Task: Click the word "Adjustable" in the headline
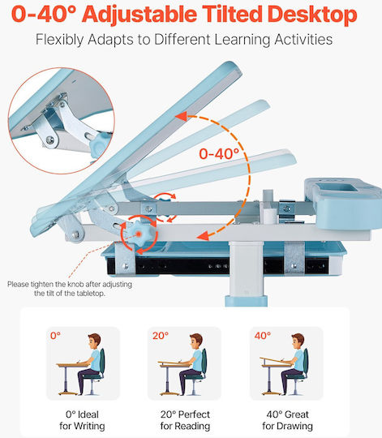pyautogui.click(x=139, y=15)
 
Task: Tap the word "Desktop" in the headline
pyautogui.click(x=312, y=15)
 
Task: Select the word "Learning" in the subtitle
pyautogui.click(x=243, y=40)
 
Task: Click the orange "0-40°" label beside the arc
pyautogui.click(x=219, y=153)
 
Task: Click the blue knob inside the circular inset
pyautogui.click(x=99, y=144)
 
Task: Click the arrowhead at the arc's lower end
pyautogui.click(x=203, y=236)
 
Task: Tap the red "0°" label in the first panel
pyautogui.click(x=56, y=336)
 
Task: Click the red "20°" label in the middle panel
pyautogui.click(x=161, y=336)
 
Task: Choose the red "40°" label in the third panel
pyautogui.click(x=263, y=336)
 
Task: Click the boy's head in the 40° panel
pyautogui.click(x=298, y=341)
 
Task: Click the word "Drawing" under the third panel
pyautogui.click(x=296, y=427)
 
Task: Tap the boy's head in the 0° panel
pyautogui.click(x=94, y=341)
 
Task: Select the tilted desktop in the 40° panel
pyautogui.click(x=275, y=360)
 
